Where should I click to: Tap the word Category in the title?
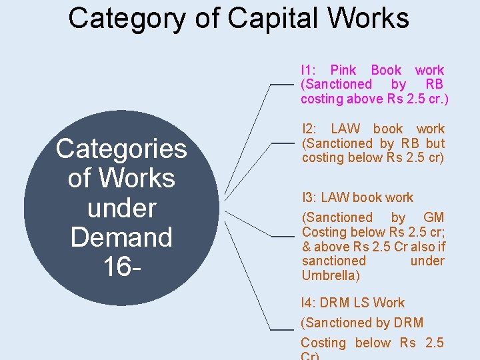pos(126,19)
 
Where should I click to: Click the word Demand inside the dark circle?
pos(121,237)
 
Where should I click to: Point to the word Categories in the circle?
pos(121,149)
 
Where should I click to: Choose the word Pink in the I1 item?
pos(343,70)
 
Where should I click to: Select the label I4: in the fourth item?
pos(309,303)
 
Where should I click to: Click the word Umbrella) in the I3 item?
pos(331,275)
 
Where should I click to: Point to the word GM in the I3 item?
pos(433,217)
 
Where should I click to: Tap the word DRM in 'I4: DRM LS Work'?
pos(335,303)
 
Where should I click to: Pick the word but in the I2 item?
pos(435,143)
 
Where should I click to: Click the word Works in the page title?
pos(373,18)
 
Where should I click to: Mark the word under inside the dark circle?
pos(121,208)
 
